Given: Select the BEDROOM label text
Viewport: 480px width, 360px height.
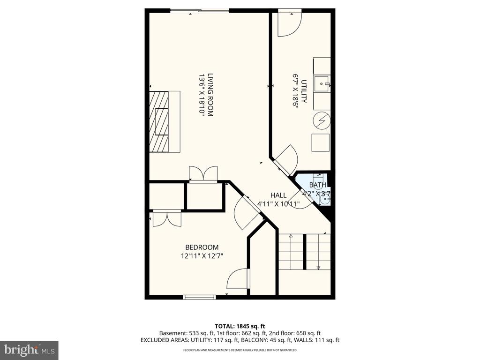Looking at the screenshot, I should [202, 247].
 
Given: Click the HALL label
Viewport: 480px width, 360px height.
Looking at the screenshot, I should [278, 195].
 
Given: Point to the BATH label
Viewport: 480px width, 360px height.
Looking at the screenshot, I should [317, 185].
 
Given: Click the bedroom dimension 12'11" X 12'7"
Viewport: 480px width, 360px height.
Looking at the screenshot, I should [202, 256].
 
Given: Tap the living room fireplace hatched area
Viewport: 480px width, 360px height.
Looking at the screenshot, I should [159, 122].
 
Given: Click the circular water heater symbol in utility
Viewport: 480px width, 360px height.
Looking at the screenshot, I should [322, 120].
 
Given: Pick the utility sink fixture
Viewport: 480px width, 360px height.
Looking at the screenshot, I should [322, 85].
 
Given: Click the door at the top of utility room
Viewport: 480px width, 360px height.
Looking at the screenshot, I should [289, 23].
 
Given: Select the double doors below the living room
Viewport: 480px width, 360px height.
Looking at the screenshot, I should [203, 173].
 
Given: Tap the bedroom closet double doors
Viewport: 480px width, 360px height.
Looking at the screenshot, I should [167, 218].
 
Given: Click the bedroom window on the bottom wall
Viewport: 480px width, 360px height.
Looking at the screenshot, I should [199, 297].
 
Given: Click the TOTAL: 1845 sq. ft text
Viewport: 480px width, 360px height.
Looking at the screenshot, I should [240, 326].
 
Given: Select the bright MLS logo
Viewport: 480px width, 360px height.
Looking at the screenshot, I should [29, 350].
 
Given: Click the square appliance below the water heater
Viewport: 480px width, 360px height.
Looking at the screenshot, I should [321, 142].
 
